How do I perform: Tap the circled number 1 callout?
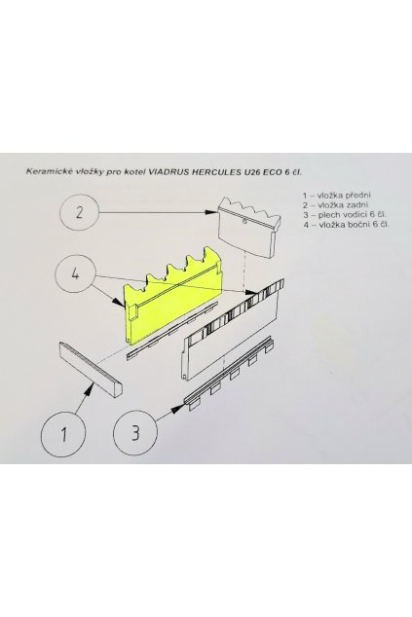pos(63,432)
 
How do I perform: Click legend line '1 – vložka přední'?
pos(335,195)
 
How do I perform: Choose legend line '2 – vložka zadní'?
pos(334,204)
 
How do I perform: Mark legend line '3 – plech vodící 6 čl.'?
pos(345,215)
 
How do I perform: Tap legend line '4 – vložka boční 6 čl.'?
pos(347,225)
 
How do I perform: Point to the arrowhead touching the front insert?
pos(94,386)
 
